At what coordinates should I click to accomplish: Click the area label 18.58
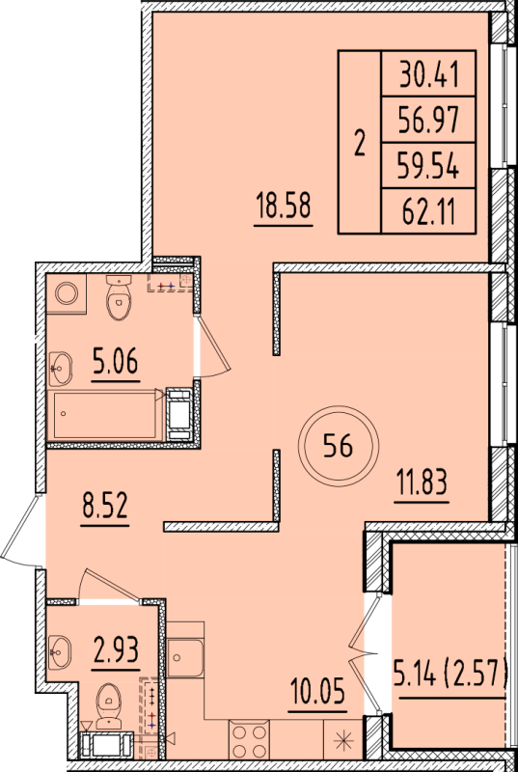coord(284,207)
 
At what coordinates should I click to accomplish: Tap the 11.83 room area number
coord(421,480)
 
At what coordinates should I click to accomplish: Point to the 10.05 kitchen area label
coord(317,690)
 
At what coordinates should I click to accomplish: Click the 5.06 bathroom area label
coord(116,363)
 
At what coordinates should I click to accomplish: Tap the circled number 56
coord(337,446)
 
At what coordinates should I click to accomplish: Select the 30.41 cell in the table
coord(428,71)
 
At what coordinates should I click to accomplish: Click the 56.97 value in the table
coord(428,120)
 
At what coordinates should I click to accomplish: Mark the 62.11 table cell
coord(428,212)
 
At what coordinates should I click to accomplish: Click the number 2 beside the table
coord(360,143)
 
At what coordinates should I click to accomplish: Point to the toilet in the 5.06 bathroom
coord(120,295)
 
